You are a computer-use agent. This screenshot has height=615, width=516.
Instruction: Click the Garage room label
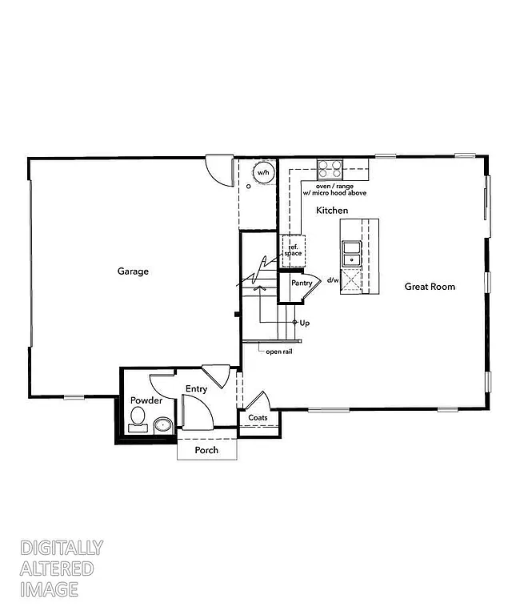coord(133,271)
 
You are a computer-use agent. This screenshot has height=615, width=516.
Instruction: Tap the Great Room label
coord(430,286)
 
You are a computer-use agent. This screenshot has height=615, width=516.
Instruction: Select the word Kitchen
coord(332,210)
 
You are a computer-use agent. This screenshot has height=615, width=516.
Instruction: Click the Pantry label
coord(301,283)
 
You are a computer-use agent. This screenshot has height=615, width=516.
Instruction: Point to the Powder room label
coord(146,400)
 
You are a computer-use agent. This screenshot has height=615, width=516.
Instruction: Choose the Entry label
coord(196,389)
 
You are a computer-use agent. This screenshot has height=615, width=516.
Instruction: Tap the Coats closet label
coord(258,418)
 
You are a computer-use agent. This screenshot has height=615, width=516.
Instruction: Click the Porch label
coord(206,450)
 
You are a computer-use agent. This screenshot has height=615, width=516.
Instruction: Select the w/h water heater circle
coord(263,172)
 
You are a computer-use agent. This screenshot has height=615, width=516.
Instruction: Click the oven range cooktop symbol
coord(330,170)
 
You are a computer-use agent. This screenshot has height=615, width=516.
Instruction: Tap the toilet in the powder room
coord(138,417)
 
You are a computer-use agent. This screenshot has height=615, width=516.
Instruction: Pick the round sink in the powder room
coord(163,425)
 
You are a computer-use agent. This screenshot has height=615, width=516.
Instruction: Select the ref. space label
coord(293,250)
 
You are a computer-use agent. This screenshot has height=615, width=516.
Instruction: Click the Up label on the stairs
coord(304,323)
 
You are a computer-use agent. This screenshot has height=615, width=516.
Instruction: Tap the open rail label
coord(278,351)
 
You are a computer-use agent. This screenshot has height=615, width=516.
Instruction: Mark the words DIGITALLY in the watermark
coord(62,549)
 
